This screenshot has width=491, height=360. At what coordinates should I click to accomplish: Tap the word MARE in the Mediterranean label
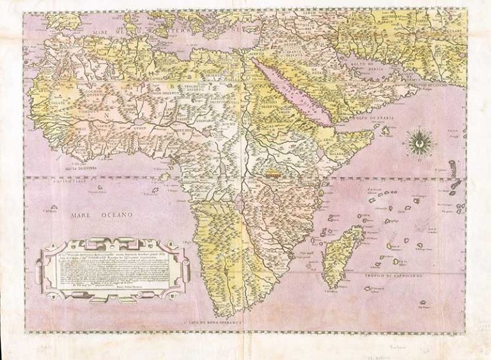pyautogui.click(x=105, y=29)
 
